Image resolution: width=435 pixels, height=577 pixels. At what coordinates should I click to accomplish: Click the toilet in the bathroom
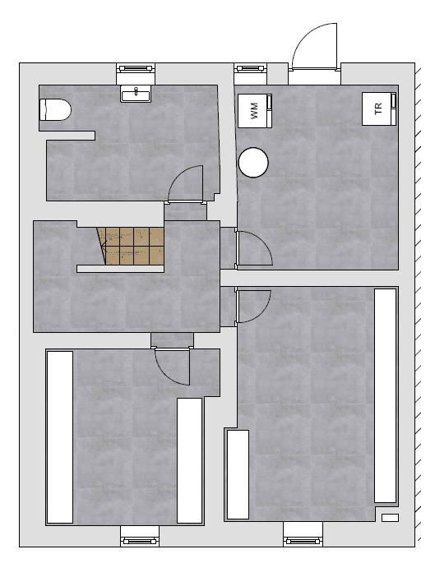(55, 109)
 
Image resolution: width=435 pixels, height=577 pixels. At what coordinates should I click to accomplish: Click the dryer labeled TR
(380, 108)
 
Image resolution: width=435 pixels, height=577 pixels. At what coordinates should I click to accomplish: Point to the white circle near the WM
(253, 161)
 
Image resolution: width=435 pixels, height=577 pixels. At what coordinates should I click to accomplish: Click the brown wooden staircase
(132, 245)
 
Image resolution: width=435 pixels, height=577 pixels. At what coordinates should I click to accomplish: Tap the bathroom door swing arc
(187, 182)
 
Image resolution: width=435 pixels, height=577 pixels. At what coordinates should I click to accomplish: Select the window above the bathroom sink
(136, 70)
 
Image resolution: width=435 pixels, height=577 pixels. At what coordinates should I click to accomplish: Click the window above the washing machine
(249, 70)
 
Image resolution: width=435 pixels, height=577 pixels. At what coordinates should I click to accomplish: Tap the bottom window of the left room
(140, 540)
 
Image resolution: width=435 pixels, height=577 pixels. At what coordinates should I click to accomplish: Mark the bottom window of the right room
(303, 540)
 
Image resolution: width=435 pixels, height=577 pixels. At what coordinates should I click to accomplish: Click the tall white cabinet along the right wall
(386, 395)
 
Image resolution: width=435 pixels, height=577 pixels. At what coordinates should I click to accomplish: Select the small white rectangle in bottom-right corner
(390, 518)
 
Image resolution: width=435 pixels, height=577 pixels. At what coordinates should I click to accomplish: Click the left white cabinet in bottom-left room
(60, 436)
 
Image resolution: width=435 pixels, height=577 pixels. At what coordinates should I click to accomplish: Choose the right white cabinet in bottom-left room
(190, 460)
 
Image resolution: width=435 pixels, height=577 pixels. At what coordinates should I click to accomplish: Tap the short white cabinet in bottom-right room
(238, 474)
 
